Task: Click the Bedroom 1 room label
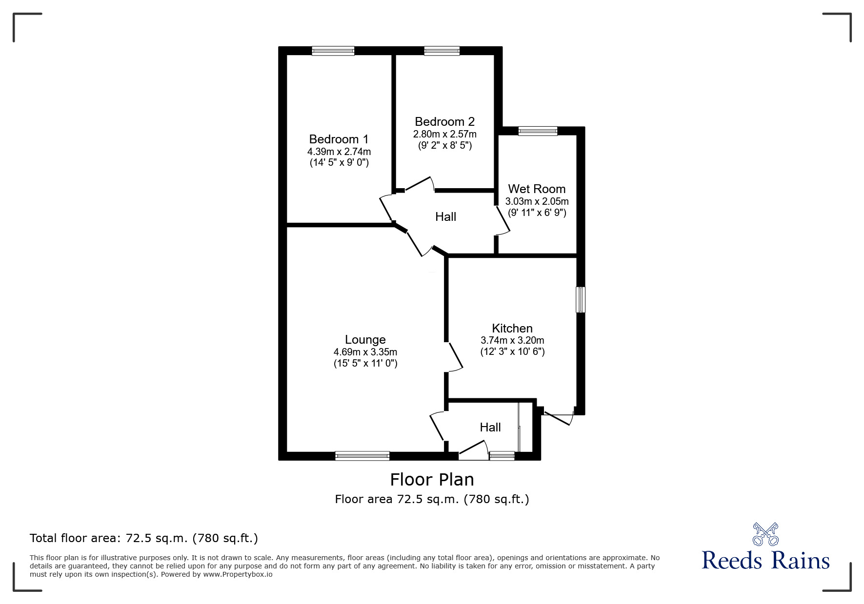[339, 139]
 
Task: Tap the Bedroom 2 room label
[444, 121]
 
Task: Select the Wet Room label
[537, 189]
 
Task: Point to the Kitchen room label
[512, 328]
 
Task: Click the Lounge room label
[365, 340]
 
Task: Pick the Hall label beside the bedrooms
[445, 216]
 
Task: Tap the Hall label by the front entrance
[490, 427]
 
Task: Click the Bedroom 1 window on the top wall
[333, 51]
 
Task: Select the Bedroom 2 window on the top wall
[442, 51]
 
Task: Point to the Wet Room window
[538, 131]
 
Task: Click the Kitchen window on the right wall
[581, 300]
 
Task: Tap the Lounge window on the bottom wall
[362, 456]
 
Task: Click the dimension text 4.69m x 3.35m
[365, 352]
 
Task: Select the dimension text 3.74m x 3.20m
[512, 340]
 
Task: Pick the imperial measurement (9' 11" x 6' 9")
[537, 213]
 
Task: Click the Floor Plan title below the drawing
[432, 480]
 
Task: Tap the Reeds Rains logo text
[766, 561]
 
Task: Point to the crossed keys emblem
[765, 534]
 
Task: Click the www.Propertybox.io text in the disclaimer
[238, 574]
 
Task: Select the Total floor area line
[144, 538]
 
